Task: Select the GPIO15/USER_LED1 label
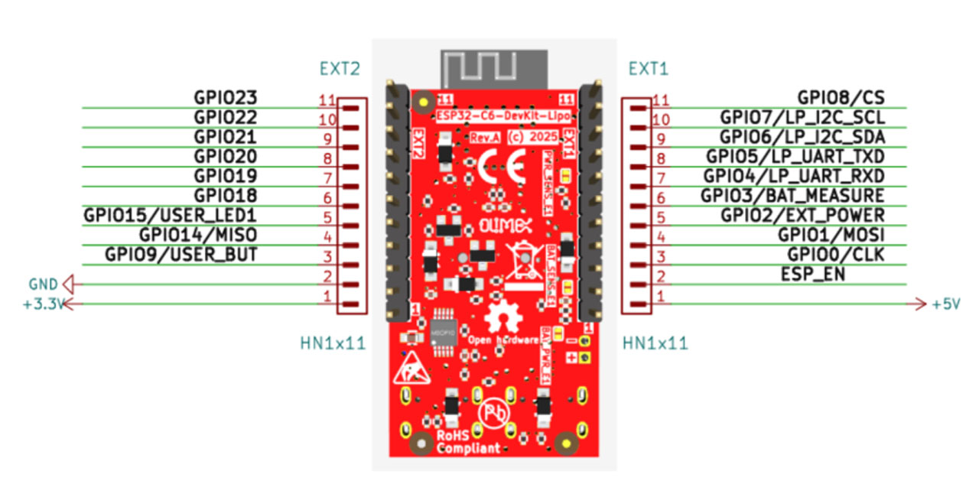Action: [x=170, y=216]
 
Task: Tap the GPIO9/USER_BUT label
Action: [x=181, y=254]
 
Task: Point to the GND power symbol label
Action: [x=43, y=284]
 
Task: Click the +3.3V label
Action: [x=40, y=304]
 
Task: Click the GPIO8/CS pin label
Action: [x=841, y=98]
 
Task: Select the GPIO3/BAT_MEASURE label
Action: [x=792, y=196]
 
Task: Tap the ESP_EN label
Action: [x=813, y=274]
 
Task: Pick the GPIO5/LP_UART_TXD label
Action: [x=795, y=157]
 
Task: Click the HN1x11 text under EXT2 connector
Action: [x=332, y=343]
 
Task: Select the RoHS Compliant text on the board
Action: [x=469, y=442]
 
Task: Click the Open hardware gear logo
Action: [x=503, y=316]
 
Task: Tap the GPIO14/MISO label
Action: [x=197, y=235]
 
